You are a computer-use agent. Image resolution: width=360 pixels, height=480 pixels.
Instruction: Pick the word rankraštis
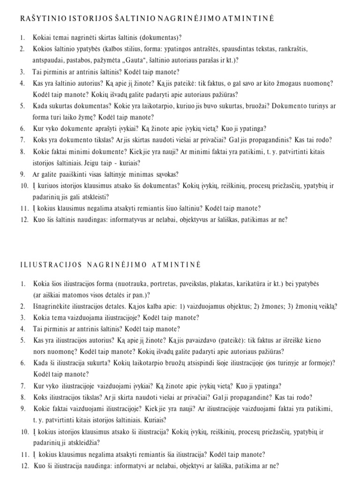pyautogui.click(x=291, y=49)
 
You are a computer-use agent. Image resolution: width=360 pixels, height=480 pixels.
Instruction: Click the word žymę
pyautogui.click(x=100, y=118)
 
